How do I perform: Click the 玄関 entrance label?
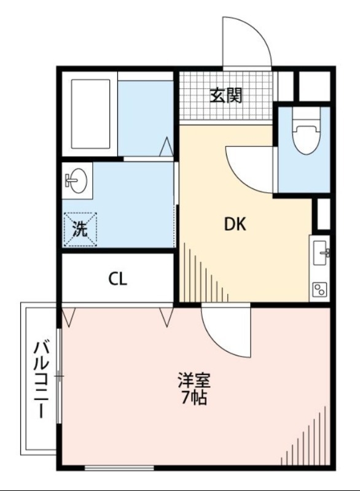(x=225, y=95)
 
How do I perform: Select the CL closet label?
(x=118, y=279)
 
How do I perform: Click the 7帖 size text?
(x=194, y=398)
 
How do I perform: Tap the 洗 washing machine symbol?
(x=80, y=229)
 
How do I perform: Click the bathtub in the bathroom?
(x=90, y=113)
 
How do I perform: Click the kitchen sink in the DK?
(x=320, y=252)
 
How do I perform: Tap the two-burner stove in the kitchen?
(x=320, y=289)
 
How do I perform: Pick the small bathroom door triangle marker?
(x=166, y=148)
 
